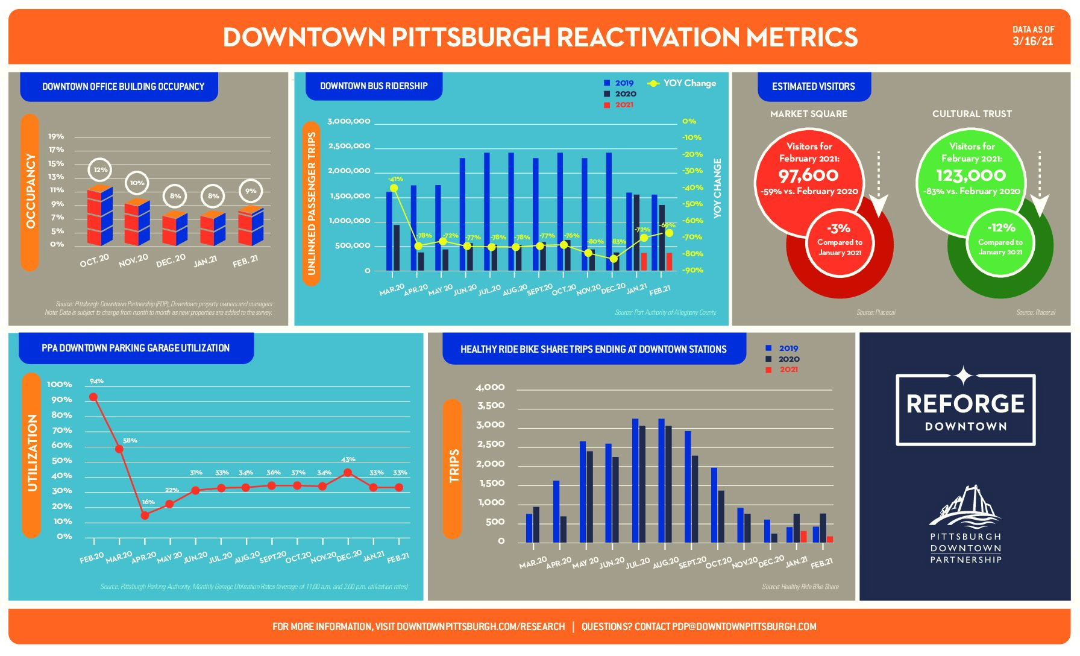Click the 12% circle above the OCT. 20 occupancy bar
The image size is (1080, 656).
(100, 170)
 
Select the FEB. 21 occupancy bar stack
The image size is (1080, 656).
(251, 225)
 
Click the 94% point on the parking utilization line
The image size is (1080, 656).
(93, 397)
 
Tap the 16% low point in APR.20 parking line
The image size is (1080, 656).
(145, 515)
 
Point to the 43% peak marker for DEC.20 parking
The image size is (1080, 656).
(348, 473)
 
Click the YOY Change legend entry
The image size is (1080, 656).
(682, 83)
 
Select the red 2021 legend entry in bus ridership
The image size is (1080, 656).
(619, 105)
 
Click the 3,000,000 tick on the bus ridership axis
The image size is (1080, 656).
(349, 121)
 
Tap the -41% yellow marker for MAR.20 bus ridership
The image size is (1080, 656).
(394, 188)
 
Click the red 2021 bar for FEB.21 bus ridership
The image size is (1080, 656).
(669, 261)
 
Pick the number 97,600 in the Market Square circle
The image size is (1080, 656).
(808, 175)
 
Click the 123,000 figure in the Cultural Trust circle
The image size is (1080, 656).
(971, 175)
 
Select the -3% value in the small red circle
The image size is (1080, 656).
(838, 229)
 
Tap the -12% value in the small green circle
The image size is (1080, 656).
(1001, 228)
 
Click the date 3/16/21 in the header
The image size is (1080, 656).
(1033, 41)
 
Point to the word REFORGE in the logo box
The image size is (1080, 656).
(965, 404)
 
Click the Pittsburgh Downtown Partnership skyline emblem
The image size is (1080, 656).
(965, 506)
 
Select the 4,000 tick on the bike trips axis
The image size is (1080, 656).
(490, 387)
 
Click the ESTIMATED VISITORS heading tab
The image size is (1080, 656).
(813, 86)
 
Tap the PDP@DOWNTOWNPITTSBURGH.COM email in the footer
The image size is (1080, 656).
(744, 626)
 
